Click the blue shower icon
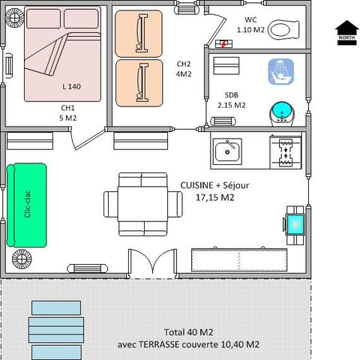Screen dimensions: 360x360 pos(279,72)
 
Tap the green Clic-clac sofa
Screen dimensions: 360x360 pos(25,203)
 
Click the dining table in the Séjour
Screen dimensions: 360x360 pos(143,202)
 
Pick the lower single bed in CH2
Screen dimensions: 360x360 pos(139,82)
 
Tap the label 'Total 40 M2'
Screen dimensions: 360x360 pos(189,332)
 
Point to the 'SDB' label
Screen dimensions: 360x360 pos(231,94)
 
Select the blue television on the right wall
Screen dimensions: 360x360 pos(295,222)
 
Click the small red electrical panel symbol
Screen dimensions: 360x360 pos(222,43)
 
